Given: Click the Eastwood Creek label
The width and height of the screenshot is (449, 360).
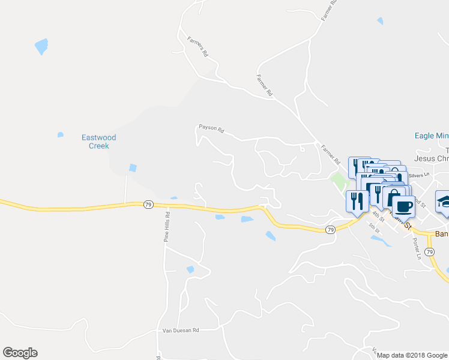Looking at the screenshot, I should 98,142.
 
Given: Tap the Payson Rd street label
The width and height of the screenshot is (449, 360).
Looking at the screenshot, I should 211,128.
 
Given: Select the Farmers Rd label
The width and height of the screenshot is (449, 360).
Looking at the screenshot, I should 196,47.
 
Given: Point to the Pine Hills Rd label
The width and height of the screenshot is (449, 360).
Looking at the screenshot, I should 167,226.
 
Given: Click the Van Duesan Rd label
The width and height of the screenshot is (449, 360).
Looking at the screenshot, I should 181,330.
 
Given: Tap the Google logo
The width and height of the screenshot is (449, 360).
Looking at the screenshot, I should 20,353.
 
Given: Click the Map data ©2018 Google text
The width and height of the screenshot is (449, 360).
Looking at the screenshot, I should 412,355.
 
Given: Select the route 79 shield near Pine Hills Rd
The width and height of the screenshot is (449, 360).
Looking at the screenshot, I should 148,205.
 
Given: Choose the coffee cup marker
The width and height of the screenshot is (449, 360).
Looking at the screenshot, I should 405,206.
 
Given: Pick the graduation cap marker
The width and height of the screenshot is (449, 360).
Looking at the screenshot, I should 445,201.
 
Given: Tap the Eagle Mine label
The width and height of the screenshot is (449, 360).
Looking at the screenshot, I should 432,136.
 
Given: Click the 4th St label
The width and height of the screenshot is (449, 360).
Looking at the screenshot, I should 377,214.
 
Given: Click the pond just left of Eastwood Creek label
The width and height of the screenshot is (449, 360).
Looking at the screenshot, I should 60,134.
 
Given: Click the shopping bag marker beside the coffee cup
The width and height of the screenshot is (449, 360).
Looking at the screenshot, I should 393,197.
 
